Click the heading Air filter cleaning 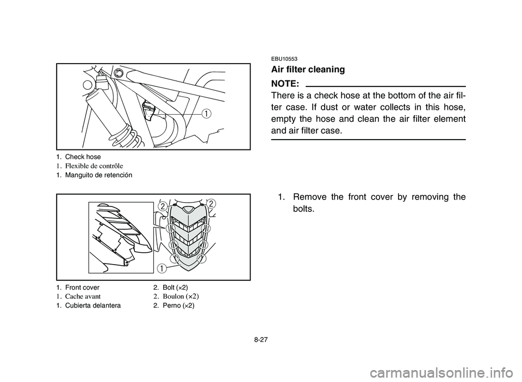[x=307, y=70]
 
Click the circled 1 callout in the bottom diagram [x=162, y=267]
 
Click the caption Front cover [x=82, y=287]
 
